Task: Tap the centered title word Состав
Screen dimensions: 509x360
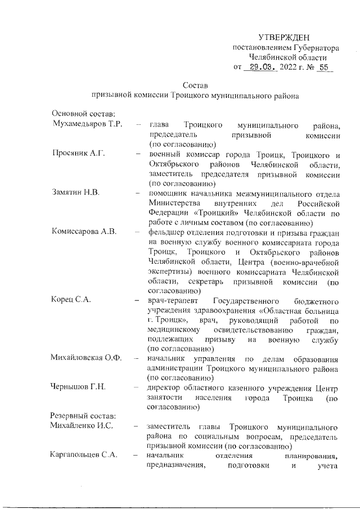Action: [195, 85]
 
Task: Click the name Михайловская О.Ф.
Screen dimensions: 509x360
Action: [86, 358]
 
